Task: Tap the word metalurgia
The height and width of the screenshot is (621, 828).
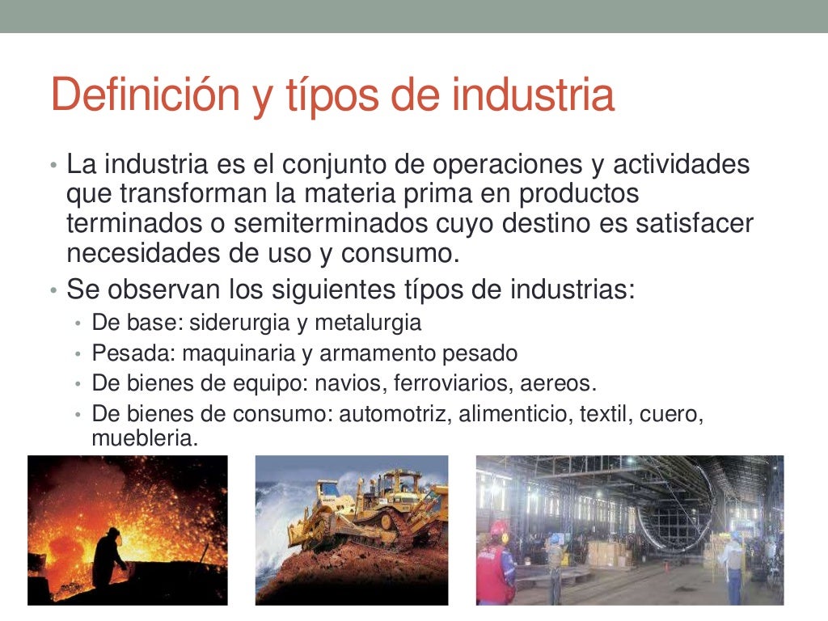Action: [368, 323]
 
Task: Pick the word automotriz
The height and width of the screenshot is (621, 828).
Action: [395, 414]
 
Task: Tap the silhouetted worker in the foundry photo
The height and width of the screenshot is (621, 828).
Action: [107, 558]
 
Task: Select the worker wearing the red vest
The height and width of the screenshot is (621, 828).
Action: [495, 566]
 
